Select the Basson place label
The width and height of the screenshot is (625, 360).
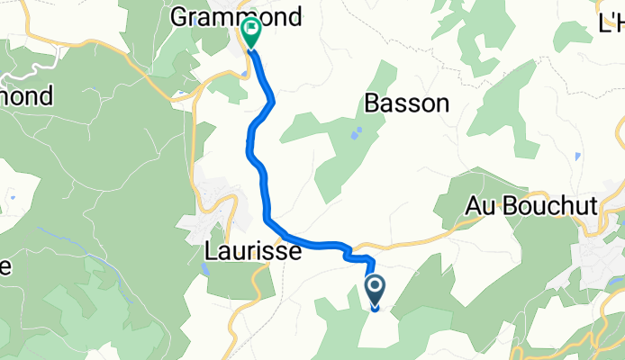click(x=407, y=103)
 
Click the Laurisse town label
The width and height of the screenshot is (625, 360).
click(x=252, y=252)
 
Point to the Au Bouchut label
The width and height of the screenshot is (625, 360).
click(x=531, y=206)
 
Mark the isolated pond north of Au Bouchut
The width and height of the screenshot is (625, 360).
click(x=577, y=155)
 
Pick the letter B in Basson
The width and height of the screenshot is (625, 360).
click(x=373, y=103)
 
